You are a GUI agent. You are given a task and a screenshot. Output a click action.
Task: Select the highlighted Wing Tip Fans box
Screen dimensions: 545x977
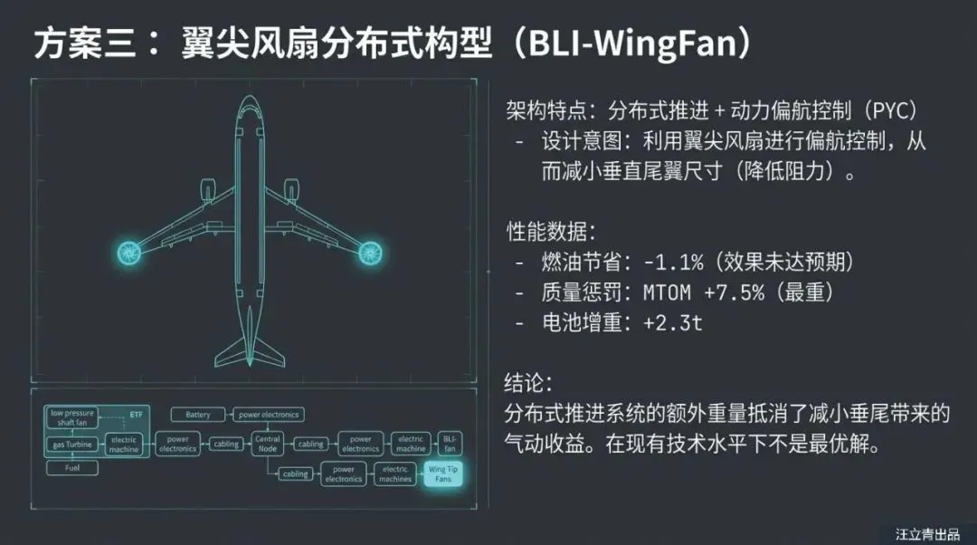(x=443, y=473)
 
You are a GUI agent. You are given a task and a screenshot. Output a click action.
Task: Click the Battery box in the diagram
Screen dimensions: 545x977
(x=197, y=415)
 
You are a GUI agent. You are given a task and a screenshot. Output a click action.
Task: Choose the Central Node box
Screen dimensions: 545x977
(x=268, y=445)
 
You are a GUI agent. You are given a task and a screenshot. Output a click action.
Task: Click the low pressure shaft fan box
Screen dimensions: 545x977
(x=72, y=417)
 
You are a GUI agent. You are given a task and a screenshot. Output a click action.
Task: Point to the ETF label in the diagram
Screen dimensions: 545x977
(x=137, y=414)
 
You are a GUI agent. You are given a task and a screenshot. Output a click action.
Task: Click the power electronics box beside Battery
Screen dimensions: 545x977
(x=268, y=415)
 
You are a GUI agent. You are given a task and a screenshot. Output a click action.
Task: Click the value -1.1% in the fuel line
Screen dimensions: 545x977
(x=673, y=263)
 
